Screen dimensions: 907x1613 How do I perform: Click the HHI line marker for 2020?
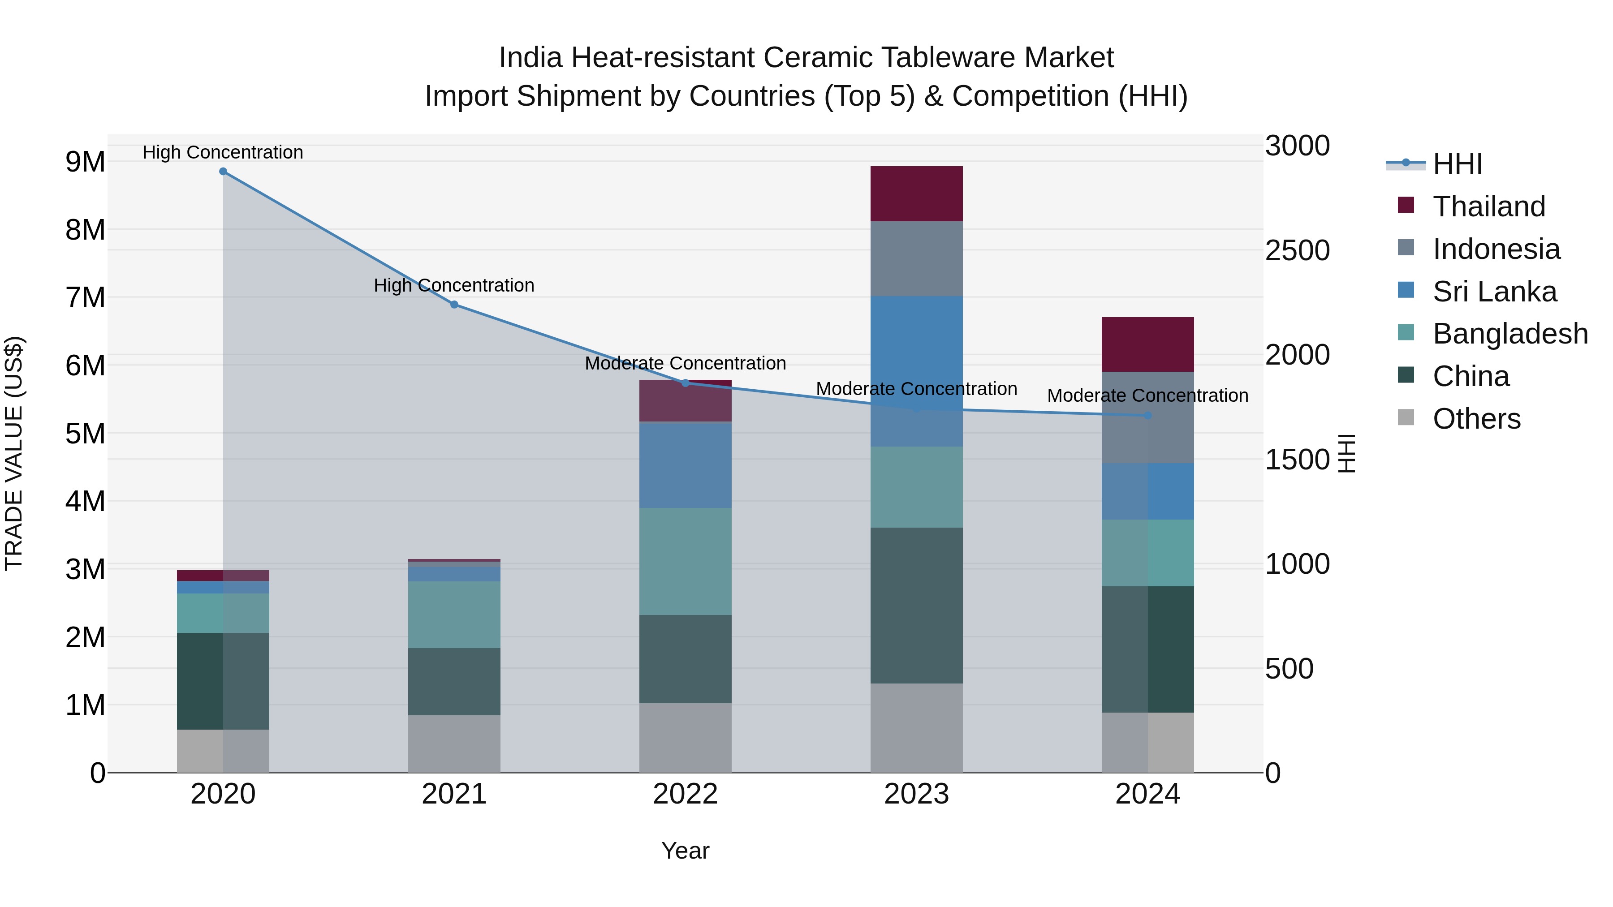coord(223,172)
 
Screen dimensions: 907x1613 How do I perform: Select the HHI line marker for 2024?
coord(1148,416)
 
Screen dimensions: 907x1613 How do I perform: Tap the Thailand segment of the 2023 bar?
coord(916,194)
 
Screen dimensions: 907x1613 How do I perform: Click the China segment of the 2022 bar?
coord(685,659)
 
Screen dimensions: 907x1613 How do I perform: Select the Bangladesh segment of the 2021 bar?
coord(454,615)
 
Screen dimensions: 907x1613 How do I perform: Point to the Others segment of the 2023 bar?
coord(916,728)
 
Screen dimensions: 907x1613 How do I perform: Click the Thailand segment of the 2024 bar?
coord(1148,345)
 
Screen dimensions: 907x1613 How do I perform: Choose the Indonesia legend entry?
coord(1496,249)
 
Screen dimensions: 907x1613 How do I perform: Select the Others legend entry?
coord(1476,419)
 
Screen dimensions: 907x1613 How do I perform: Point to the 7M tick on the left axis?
coord(85,297)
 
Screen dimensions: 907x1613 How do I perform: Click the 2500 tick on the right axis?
coord(1297,250)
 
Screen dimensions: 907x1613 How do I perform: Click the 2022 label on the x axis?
coord(685,794)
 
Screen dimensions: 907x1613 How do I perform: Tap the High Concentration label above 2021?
coord(454,285)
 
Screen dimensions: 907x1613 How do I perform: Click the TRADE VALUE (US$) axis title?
coord(14,453)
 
